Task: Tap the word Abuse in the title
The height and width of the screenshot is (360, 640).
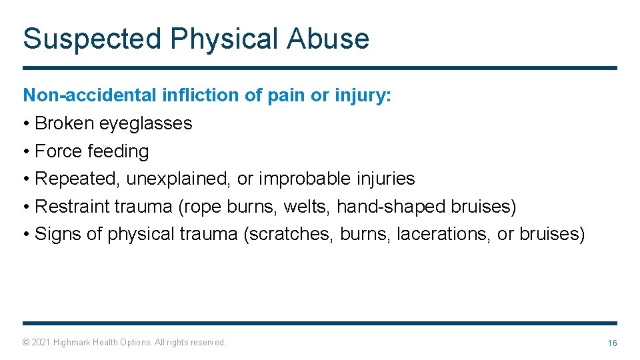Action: [x=328, y=39]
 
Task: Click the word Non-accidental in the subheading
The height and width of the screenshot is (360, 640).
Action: [x=90, y=95]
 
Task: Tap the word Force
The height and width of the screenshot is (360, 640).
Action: [x=57, y=151]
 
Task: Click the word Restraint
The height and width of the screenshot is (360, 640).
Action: [x=72, y=207]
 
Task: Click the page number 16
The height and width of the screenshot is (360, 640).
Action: [x=612, y=343]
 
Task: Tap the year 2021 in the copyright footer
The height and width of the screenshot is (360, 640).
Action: [x=41, y=343]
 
